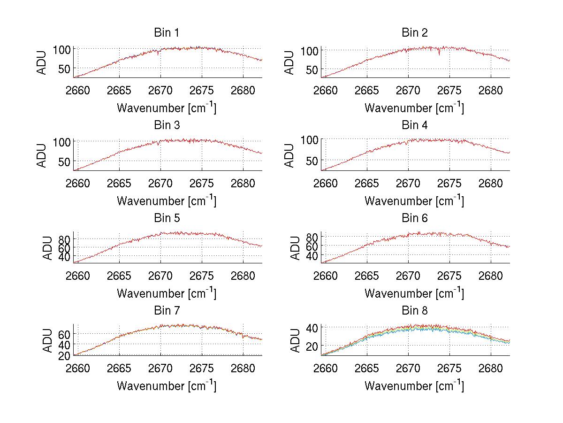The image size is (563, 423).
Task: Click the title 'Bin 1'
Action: click(166, 33)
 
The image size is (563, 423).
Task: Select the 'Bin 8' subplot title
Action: click(415, 311)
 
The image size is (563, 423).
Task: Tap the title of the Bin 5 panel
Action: click(166, 218)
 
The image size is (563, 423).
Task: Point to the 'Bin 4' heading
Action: click(415, 125)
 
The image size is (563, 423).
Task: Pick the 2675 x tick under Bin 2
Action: click(449, 90)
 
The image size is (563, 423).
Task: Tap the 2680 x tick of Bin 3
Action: click(243, 183)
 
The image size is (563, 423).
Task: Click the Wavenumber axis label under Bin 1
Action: click(166, 108)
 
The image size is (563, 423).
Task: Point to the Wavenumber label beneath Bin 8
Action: click(414, 385)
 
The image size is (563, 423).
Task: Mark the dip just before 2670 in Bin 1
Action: click(158, 54)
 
